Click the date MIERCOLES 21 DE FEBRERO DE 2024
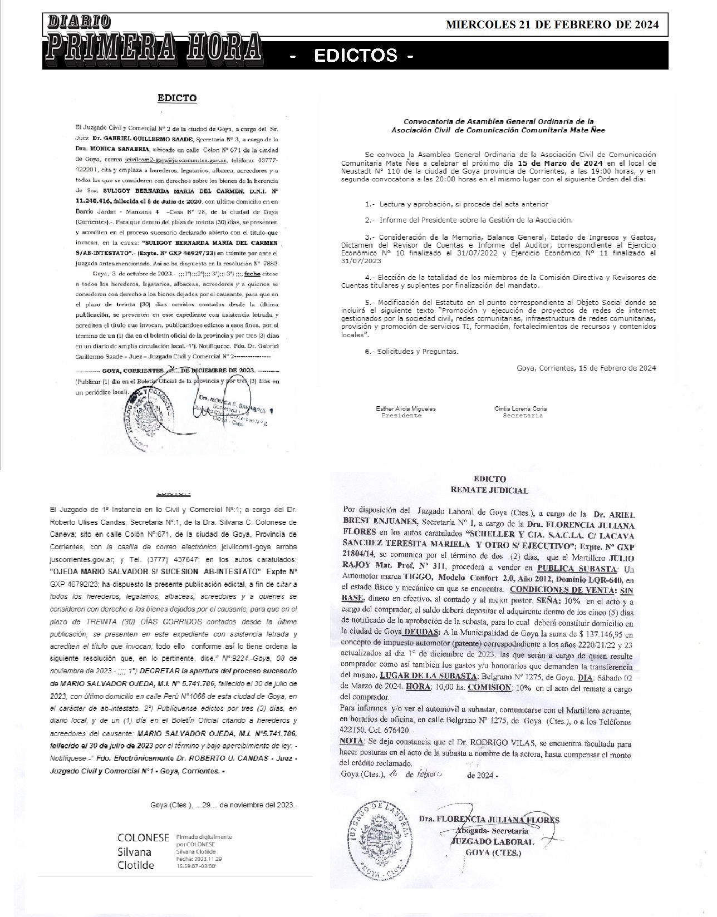(x=552, y=24)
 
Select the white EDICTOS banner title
(x=356, y=56)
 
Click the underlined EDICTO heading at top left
(x=177, y=98)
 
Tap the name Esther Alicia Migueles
(x=406, y=408)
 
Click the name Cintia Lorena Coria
(x=520, y=408)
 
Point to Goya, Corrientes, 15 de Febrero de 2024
(x=586, y=368)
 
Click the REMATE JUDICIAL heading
(x=489, y=490)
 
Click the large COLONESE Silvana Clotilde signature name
(x=143, y=851)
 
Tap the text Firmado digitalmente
(x=204, y=837)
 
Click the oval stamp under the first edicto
(x=146, y=418)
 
